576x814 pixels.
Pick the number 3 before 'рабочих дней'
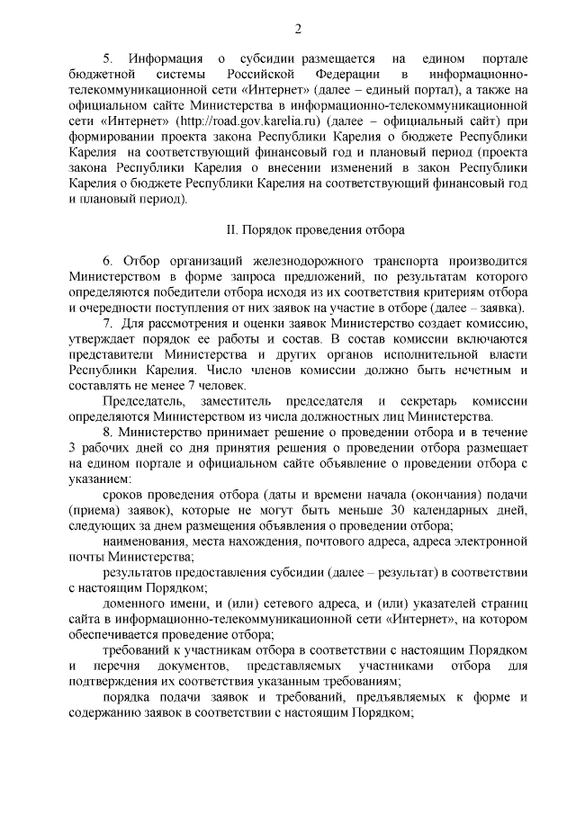pyautogui.click(x=72, y=447)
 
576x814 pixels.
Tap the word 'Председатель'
pyautogui.click(x=143, y=399)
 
